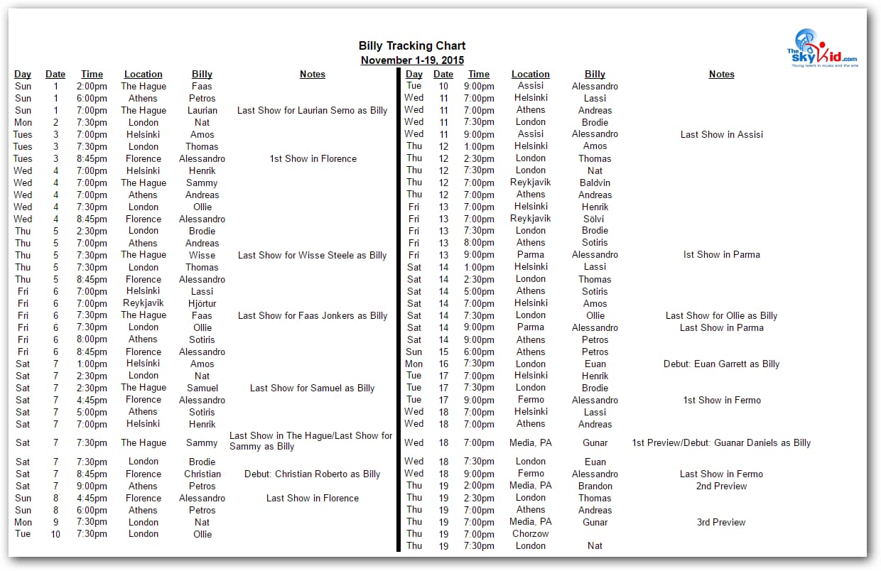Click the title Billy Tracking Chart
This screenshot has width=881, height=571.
tap(412, 46)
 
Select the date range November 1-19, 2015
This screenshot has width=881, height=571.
tap(412, 60)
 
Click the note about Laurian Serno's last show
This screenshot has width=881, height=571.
tap(313, 110)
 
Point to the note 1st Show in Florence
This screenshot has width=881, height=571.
tap(313, 158)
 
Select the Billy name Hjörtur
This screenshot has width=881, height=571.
tap(202, 303)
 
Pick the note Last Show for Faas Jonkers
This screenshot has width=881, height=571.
tap(313, 315)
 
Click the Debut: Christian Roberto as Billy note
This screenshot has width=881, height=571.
tap(313, 474)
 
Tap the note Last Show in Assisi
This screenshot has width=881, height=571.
tap(721, 134)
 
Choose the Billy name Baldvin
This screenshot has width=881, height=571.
tap(595, 183)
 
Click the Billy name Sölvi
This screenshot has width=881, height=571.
tap(595, 219)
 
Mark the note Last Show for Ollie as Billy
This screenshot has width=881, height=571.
tap(721, 315)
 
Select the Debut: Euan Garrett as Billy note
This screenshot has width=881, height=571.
tap(721, 364)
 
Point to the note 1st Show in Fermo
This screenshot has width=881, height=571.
tap(721, 400)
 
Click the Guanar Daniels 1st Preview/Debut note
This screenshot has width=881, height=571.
tap(721, 442)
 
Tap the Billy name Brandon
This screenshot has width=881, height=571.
tap(595, 486)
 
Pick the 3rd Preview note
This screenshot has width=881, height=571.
tap(721, 522)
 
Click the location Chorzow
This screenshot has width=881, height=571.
tap(531, 533)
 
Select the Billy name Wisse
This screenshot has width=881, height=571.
tap(202, 255)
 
